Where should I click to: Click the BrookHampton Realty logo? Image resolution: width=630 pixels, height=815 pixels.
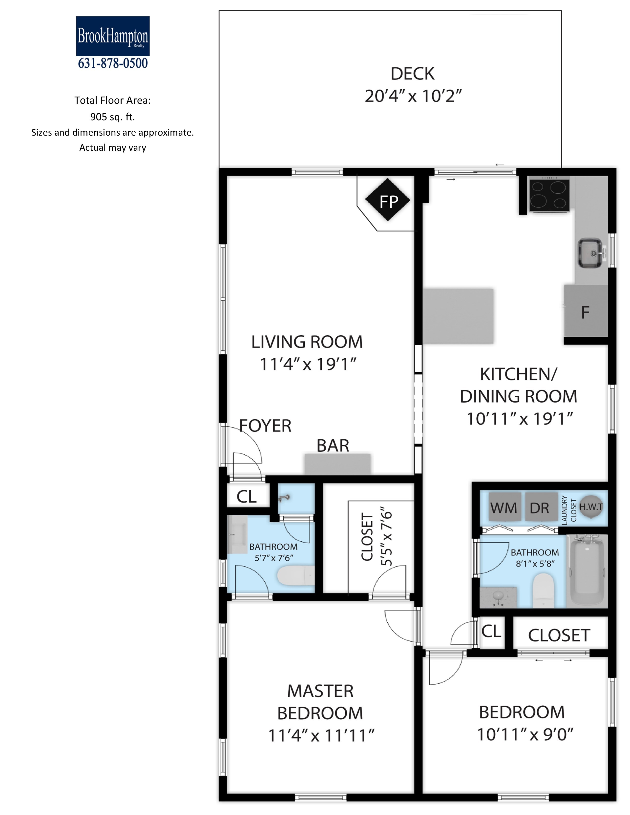113,36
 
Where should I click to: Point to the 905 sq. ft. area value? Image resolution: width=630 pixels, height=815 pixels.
112,117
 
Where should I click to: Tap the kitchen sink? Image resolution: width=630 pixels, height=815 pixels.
590,253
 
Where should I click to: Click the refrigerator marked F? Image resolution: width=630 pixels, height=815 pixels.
586,311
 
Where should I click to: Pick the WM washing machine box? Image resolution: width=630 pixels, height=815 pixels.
504,507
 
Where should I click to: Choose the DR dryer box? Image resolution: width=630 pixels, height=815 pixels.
540,507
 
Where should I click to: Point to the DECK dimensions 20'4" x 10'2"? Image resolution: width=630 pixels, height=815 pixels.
413,96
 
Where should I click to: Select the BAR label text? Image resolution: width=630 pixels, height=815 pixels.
333,446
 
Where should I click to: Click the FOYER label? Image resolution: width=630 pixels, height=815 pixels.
265,426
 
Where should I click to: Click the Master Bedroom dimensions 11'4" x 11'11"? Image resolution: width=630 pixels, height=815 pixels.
321,735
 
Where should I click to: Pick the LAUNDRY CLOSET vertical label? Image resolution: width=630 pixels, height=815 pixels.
569,510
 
